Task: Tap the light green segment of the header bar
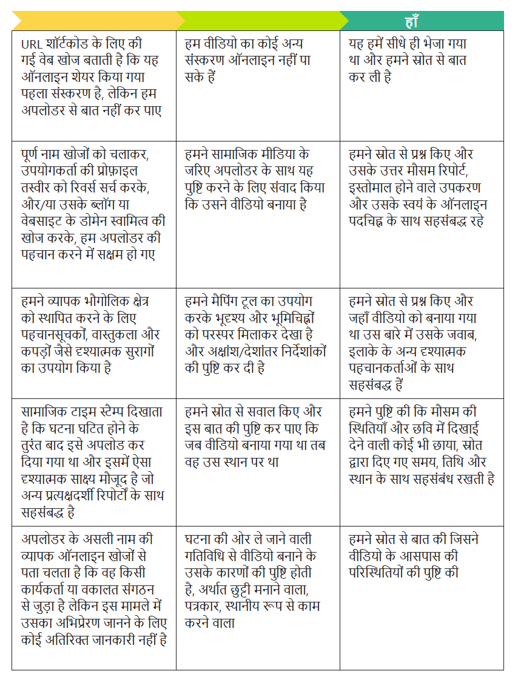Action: coord(261,21)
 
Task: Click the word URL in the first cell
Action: coord(31,44)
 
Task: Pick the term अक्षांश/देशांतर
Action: coord(247,352)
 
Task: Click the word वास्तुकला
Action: coord(120,335)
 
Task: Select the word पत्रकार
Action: coord(206,606)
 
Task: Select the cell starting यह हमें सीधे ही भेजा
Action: coord(422,85)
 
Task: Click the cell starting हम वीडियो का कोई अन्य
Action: coord(258,85)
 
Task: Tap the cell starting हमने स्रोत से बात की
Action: coord(422,598)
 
